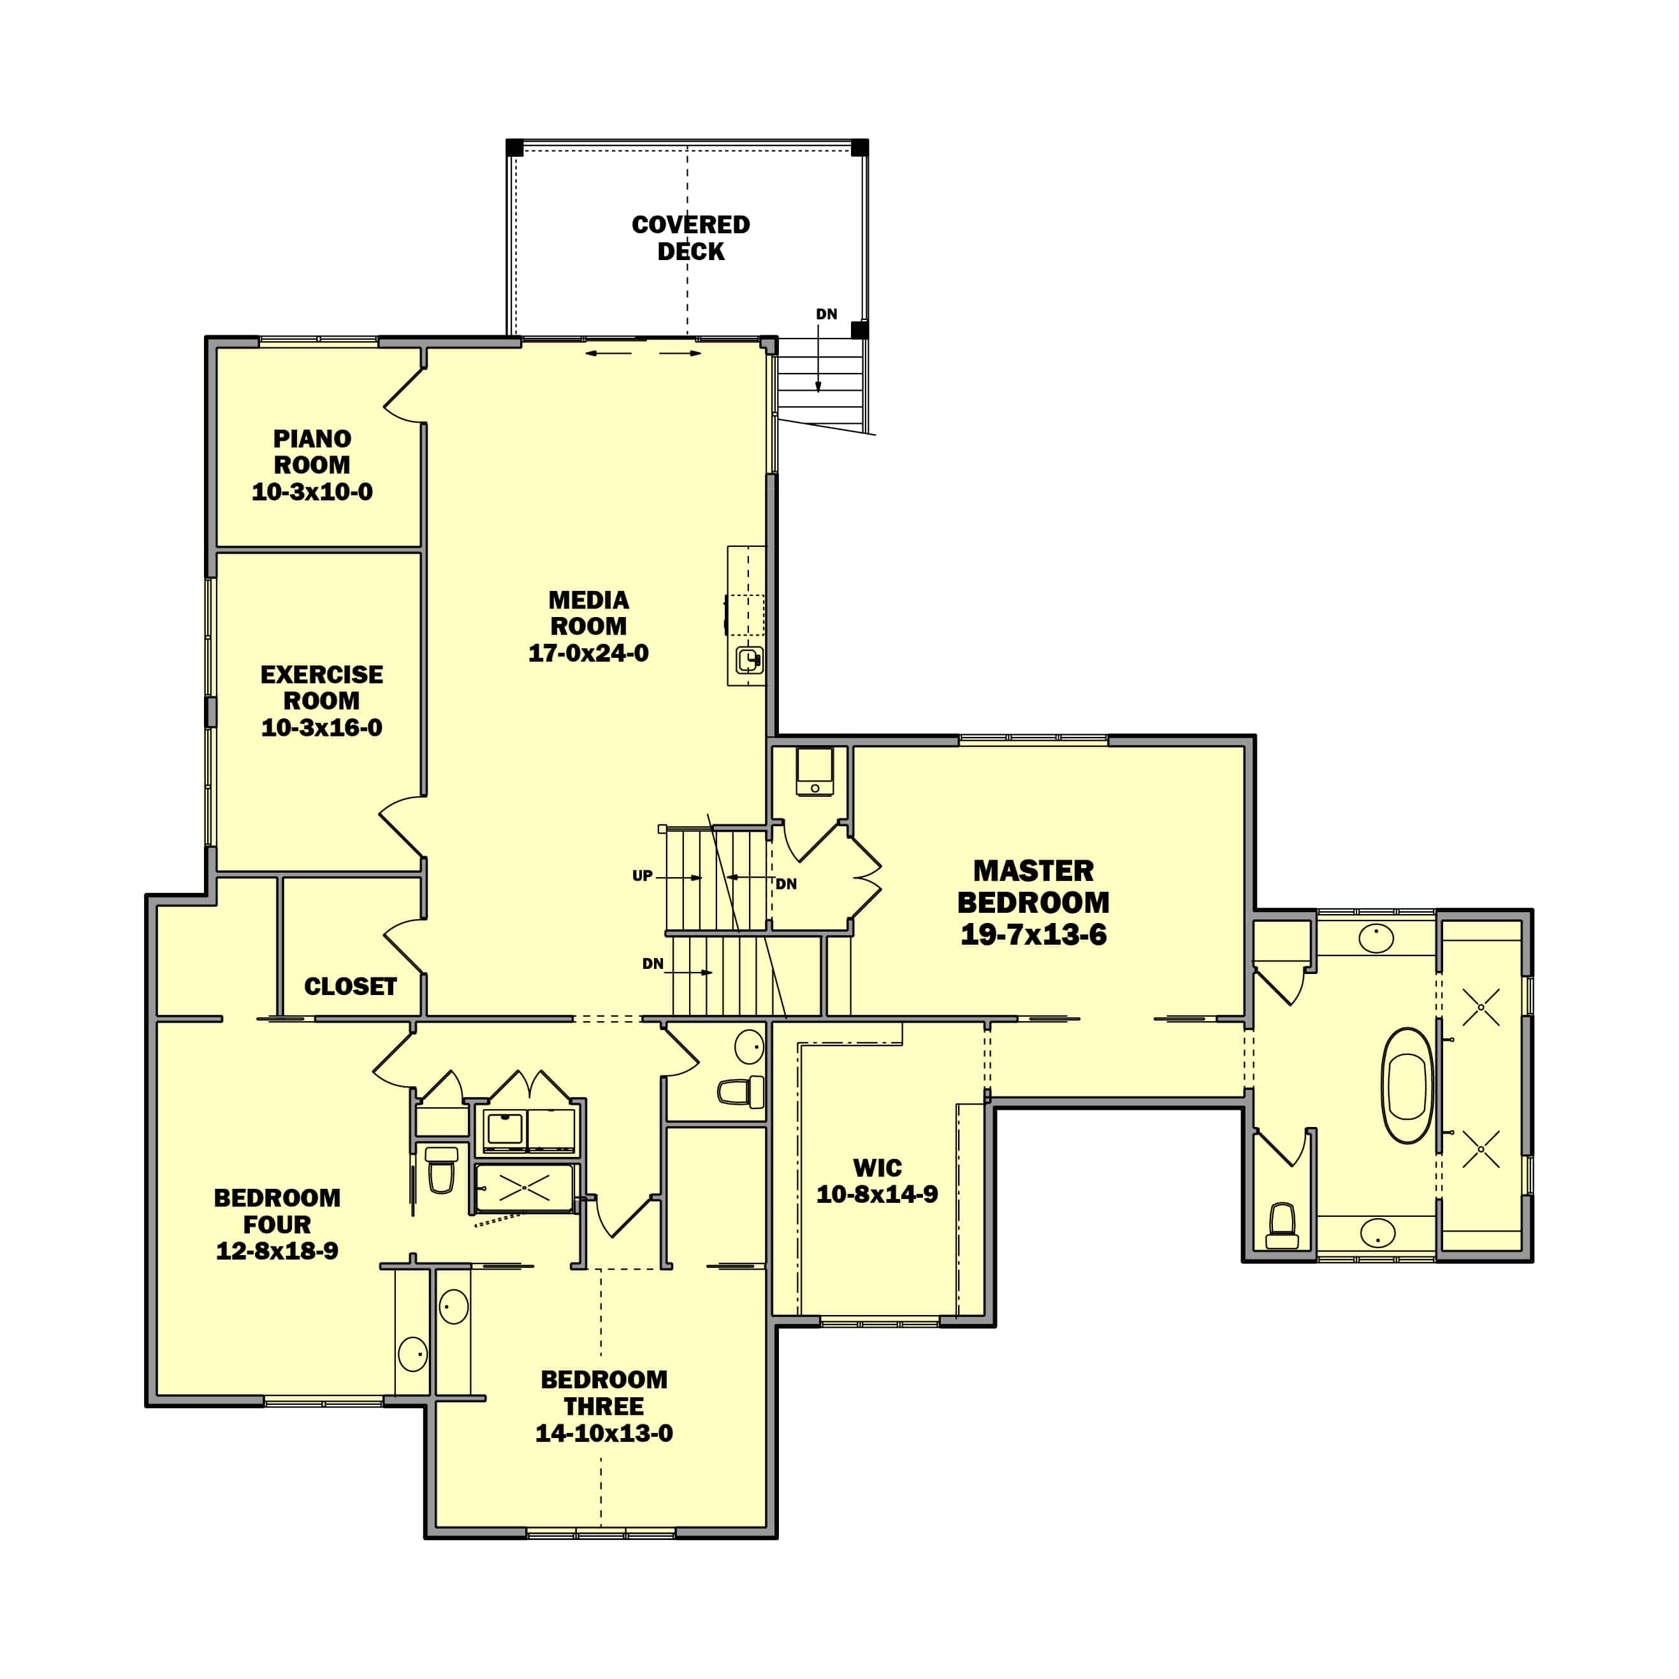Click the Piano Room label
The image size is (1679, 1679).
312,451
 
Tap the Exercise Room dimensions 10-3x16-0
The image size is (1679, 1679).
321,727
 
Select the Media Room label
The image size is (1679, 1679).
588,613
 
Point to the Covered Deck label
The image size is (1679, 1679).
690,237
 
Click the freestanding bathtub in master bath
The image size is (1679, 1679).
1407,1086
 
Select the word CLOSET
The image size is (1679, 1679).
350,986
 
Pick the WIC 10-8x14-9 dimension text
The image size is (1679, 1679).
877,1194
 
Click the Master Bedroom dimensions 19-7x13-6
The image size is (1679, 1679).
1033,935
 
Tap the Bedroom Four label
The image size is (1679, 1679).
277,1210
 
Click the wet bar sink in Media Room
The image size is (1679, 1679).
749,660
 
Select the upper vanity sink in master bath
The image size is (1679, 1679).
1376,938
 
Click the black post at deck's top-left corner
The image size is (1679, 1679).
514,148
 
